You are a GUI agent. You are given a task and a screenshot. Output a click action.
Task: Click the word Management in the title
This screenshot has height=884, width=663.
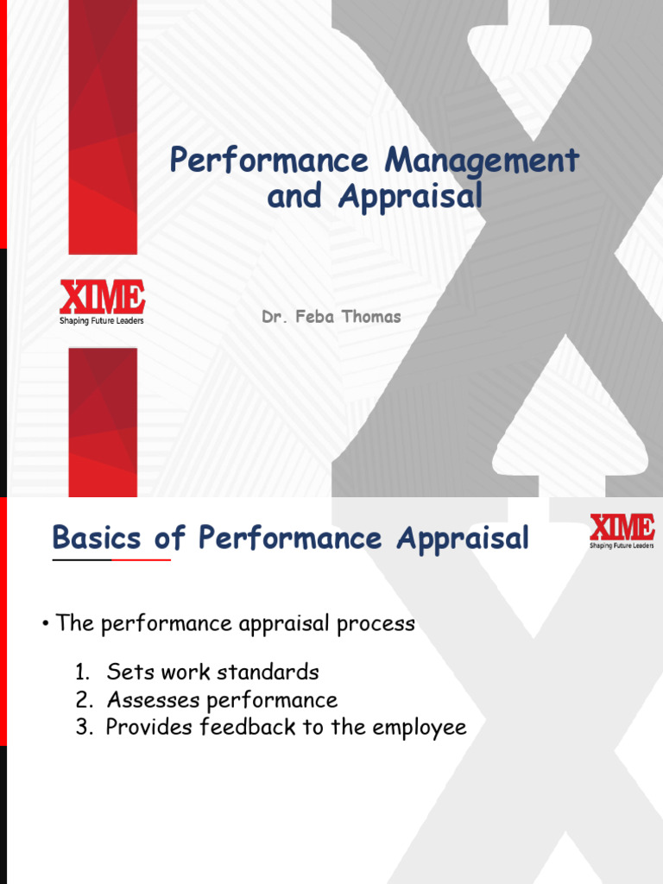pos(482,161)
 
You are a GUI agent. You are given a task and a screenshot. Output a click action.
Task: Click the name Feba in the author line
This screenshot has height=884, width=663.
pos(314,316)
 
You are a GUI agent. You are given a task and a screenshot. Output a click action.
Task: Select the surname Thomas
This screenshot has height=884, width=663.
pos(371,316)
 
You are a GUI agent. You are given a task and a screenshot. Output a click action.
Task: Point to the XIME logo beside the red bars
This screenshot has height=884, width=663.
pos(102,302)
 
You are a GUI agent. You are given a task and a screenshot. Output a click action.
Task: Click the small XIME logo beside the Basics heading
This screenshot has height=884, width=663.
pos(622,531)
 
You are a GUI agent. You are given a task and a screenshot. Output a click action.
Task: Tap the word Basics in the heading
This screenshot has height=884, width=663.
pos(97,537)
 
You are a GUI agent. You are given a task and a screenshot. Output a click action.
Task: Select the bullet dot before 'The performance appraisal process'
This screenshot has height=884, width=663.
pos(46,624)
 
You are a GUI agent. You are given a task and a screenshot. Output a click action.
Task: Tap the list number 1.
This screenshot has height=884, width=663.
pos(82,672)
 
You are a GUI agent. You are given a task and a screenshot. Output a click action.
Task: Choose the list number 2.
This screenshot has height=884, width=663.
pos(84,699)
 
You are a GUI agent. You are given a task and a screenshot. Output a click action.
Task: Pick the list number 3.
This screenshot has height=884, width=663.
pos(84,727)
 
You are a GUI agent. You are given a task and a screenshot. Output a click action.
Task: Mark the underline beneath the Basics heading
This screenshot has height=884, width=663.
pos(111,559)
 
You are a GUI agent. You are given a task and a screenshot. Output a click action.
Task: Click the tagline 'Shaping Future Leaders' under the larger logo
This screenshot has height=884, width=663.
pos(102,321)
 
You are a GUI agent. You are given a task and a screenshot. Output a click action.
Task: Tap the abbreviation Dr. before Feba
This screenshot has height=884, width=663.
pos(275,316)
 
